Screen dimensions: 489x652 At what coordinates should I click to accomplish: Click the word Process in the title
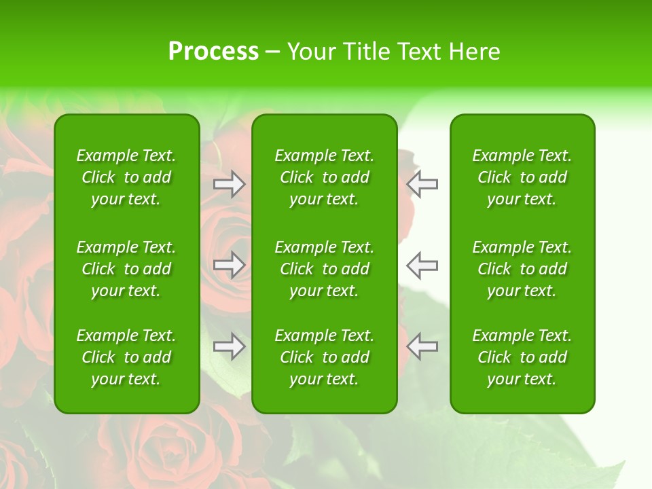213,52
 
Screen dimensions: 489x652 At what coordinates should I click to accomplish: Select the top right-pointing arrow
230,184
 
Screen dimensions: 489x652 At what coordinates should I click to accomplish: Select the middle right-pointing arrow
230,265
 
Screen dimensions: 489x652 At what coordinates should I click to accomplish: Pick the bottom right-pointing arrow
230,346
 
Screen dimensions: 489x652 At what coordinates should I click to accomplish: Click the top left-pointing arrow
422,184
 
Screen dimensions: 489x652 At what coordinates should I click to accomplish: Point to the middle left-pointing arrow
422,265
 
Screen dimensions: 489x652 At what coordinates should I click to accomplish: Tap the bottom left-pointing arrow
422,346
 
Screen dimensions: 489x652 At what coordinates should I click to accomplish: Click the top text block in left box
126,177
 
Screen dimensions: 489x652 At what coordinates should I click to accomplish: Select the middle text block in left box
126,269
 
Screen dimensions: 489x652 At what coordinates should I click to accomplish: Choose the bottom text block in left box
126,357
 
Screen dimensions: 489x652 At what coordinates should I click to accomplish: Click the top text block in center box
324,177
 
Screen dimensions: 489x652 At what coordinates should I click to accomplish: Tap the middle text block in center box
324,269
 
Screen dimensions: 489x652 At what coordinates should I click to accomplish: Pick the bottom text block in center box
324,357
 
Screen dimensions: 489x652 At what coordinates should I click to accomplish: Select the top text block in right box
522,177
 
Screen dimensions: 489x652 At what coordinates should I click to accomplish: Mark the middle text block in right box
522,269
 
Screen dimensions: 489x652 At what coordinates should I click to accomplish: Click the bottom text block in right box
522,357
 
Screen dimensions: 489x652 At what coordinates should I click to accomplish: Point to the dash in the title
272,52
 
